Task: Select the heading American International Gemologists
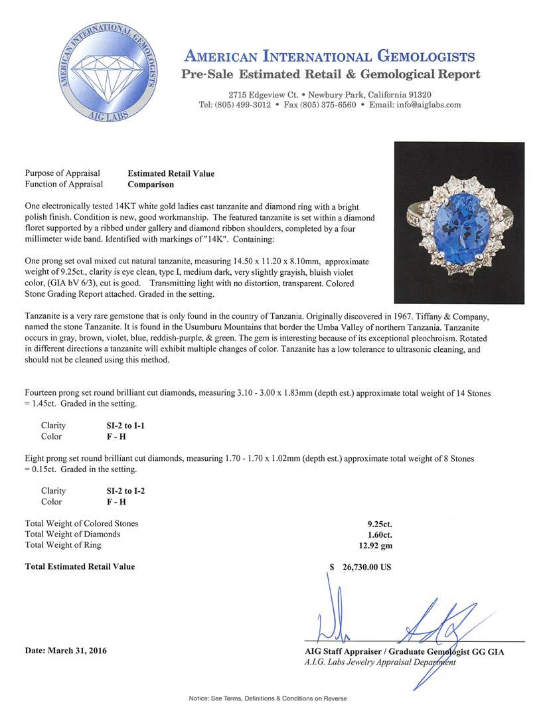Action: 329,56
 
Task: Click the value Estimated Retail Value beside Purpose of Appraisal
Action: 171,174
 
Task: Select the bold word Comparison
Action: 151,185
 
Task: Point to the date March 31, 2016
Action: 66,651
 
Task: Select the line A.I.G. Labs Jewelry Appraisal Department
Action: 380,662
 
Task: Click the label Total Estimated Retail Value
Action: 80,567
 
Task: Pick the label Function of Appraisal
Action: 64,185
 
